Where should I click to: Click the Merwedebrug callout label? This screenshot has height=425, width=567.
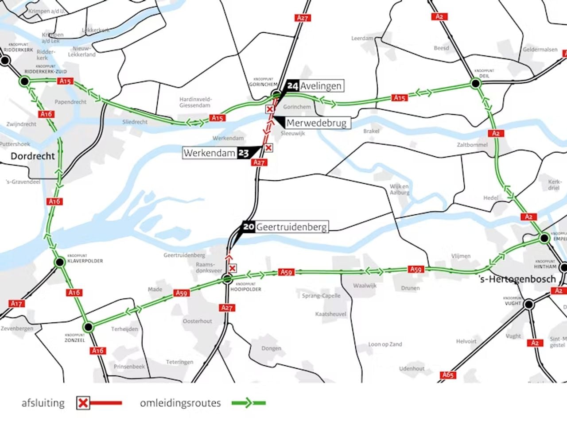pyautogui.click(x=316, y=123)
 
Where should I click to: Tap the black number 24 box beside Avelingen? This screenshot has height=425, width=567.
pyautogui.click(x=292, y=85)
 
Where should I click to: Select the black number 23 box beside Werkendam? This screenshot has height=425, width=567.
pyautogui.click(x=243, y=153)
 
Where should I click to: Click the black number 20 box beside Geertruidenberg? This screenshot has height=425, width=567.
pyautogui.click(x=249, y=227)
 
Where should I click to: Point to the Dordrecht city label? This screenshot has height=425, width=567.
pyautogui.click(x=33, y=156)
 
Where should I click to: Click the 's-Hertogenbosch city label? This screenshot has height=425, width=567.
pyautogui.click(x=517, y=279)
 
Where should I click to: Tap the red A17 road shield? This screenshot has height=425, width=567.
pyautogui.click(x=16, y=303)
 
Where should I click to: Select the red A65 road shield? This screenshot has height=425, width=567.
pyautogui.click(x=448, y=375)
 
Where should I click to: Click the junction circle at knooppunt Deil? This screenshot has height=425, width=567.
pyautogui.click(x=475, y=83)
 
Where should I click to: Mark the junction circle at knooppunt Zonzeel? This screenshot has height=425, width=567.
pyautogui.click(x=88, y=327)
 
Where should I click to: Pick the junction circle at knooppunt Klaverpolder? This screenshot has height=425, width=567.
pyautogui.click(x=59, y=263)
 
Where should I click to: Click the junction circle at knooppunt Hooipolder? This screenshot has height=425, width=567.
pyautogui.click(x=227, y=278)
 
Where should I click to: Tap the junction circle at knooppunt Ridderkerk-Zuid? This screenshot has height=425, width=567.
pyautogui.click(x=24, y=81)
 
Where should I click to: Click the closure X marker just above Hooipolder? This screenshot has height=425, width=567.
pyautogui.click(x=232, y=268)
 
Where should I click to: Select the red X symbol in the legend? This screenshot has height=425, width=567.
pyautogui.click(x=83, y=403)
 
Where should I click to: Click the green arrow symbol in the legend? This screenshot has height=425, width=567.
pyautogui.click(x=248, y=403)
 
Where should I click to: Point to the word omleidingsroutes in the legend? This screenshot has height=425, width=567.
pyautogui.click(x=180, y=403)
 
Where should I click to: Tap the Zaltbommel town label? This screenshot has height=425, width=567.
pyautogui.click(x=472, y=145)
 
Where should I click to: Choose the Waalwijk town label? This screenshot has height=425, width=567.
pyautogui.click(x=365, y=286)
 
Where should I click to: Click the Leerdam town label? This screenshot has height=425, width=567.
pyautogui.click(x=362, y=39)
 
